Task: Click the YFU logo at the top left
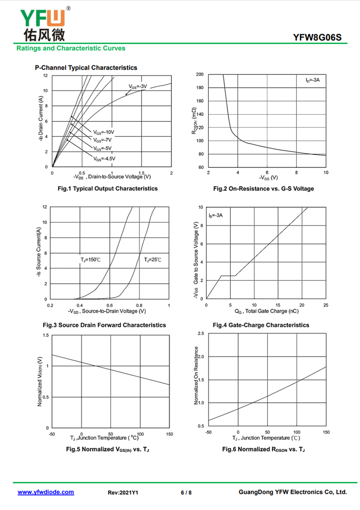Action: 44,24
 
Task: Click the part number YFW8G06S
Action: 317,37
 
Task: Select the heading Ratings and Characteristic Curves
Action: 71,48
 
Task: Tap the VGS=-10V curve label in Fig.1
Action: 104,132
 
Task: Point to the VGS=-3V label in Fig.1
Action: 138,86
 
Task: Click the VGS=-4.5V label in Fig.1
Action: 104,159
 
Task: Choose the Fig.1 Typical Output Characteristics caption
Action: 108,189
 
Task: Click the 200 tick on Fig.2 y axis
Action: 200,74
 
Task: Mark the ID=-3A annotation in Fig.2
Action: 312,80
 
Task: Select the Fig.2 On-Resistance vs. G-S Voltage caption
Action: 263,189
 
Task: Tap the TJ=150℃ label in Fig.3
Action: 90,260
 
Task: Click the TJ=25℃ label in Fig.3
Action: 153,260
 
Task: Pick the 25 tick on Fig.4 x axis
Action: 326,305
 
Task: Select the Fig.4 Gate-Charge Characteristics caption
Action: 261,325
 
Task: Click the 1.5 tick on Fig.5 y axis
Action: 45,335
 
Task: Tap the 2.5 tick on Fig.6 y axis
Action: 201,334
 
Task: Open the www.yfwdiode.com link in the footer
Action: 46,492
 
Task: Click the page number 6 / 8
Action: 186,492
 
